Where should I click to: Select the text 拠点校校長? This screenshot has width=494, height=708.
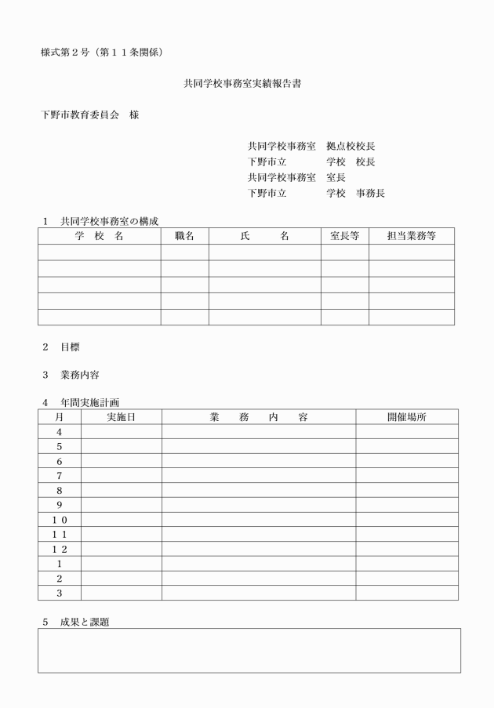coord(351,146)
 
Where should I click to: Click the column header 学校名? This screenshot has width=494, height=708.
coord(99,236)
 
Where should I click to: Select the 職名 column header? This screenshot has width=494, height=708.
coord(184,236)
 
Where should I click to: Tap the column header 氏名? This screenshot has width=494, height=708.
coord(264,236)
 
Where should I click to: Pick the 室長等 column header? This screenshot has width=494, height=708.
coord(344,236)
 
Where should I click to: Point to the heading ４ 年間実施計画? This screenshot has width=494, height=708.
coord(81,403)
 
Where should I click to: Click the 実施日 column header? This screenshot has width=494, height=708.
coord(121,417)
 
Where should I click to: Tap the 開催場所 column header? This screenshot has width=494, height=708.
coord(406,417)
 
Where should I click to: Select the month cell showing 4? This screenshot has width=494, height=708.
coord(59,432)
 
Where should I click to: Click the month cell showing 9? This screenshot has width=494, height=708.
coord(59,505)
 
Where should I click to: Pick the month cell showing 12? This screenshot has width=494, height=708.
coord(59,549)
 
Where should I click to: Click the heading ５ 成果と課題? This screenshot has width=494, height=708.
coord(76,622)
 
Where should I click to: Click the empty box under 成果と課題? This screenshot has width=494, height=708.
coord(249,650)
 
